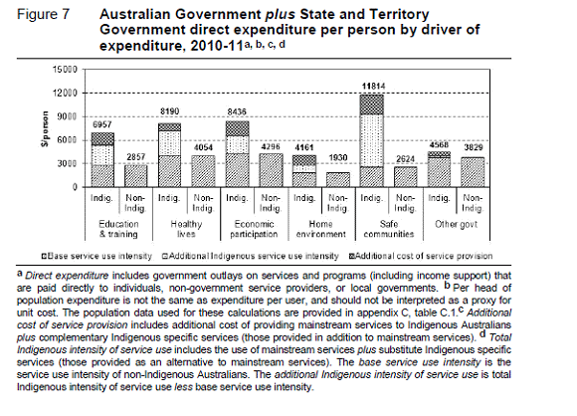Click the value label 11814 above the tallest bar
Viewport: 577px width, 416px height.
point(373,87)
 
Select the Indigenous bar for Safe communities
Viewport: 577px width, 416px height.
point(372,141)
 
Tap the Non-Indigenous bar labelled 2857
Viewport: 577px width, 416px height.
point(135,176)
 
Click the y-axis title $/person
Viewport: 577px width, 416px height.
point(45,129)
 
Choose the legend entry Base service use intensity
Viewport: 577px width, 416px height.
point(96,256)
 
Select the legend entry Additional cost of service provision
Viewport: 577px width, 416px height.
point(420,256)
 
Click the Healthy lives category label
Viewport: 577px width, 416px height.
point(186,229)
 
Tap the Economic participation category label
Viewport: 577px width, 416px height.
point(254,229)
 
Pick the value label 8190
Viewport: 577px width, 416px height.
point(170,111)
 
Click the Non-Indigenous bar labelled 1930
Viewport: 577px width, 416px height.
point(338,180)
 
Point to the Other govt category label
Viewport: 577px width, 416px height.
point(457,224)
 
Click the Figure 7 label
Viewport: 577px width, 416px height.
point(43,14)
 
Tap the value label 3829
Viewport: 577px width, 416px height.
point(474,147)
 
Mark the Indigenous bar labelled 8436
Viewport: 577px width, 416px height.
point(237,154)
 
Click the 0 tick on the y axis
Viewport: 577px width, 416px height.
point(75,187)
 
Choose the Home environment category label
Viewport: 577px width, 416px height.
point(321,229)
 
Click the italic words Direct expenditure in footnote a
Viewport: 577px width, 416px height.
point(67,276)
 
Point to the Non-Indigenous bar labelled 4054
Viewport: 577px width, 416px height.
point(203,171)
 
